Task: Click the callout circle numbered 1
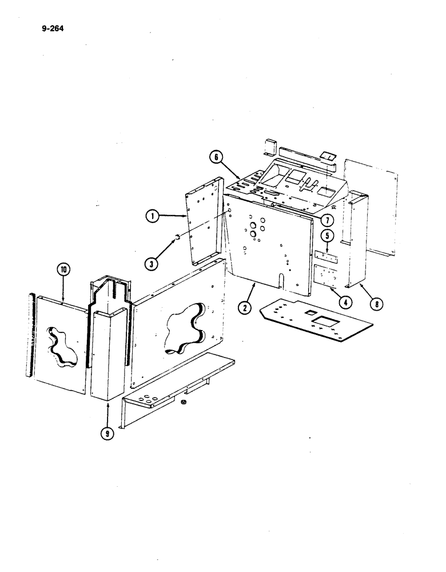pos(152,216)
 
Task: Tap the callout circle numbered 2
pos(245,308)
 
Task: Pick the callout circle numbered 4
pos(344,299)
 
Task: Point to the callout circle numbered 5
pos(326,235)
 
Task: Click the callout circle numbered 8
pos(376,304)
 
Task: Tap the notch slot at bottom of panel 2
pos(280,281)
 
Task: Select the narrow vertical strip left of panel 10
pos(30,335)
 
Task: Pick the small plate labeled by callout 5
pos(326,256)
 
